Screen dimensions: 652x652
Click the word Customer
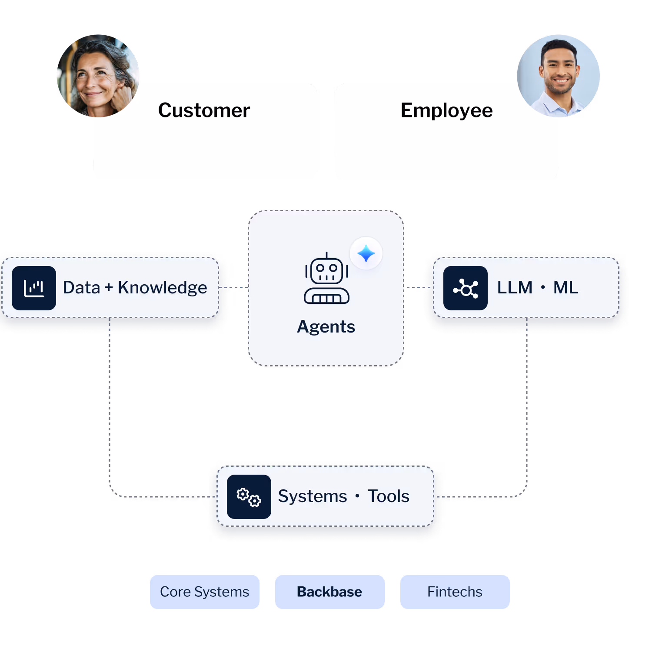click(x=204, y=110)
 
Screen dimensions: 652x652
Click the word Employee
click(x=446, y=110)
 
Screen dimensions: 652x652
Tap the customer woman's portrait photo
click(x=98, y=76)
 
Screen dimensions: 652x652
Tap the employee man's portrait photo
click(x=558, y=76)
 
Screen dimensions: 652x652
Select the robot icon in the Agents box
click(x=326, y=279)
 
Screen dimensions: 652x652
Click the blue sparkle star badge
click(x=366, y=253)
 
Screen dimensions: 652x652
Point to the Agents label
click(x=326, y=327)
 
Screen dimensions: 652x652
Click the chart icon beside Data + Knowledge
click(x=34, y=288)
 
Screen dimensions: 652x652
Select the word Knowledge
click(x=162, y=288)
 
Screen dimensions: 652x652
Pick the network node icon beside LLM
click(x=466, y=288)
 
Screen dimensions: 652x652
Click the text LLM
click(x=515, y=288)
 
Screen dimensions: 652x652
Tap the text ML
click(x=566, y=288)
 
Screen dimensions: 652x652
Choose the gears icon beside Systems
click(x=249, y=497)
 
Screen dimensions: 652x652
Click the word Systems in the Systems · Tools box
click(x=313, y=496)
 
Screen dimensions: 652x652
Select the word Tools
click(x=389, y=496)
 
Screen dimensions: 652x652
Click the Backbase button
click(x=329, y=592)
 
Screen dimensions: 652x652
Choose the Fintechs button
click(x=455, y=592)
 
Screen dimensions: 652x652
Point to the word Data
click(x=82, y=288)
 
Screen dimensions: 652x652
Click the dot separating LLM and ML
click(x=543, y=288)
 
